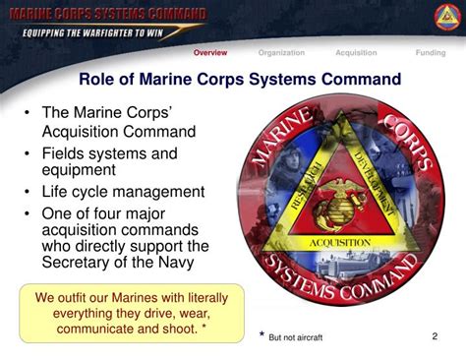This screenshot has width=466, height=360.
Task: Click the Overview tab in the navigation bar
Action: coord(210,53)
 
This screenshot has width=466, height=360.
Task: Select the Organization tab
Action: coord(281,53)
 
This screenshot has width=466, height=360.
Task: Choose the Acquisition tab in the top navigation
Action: coord(356,53)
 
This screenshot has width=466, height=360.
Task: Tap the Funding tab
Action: coord(430,53)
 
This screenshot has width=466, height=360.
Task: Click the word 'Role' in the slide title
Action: coord(100,79)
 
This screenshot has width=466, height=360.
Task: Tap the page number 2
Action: coord(435,336)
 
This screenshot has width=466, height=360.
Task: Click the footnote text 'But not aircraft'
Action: coord(296,337)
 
